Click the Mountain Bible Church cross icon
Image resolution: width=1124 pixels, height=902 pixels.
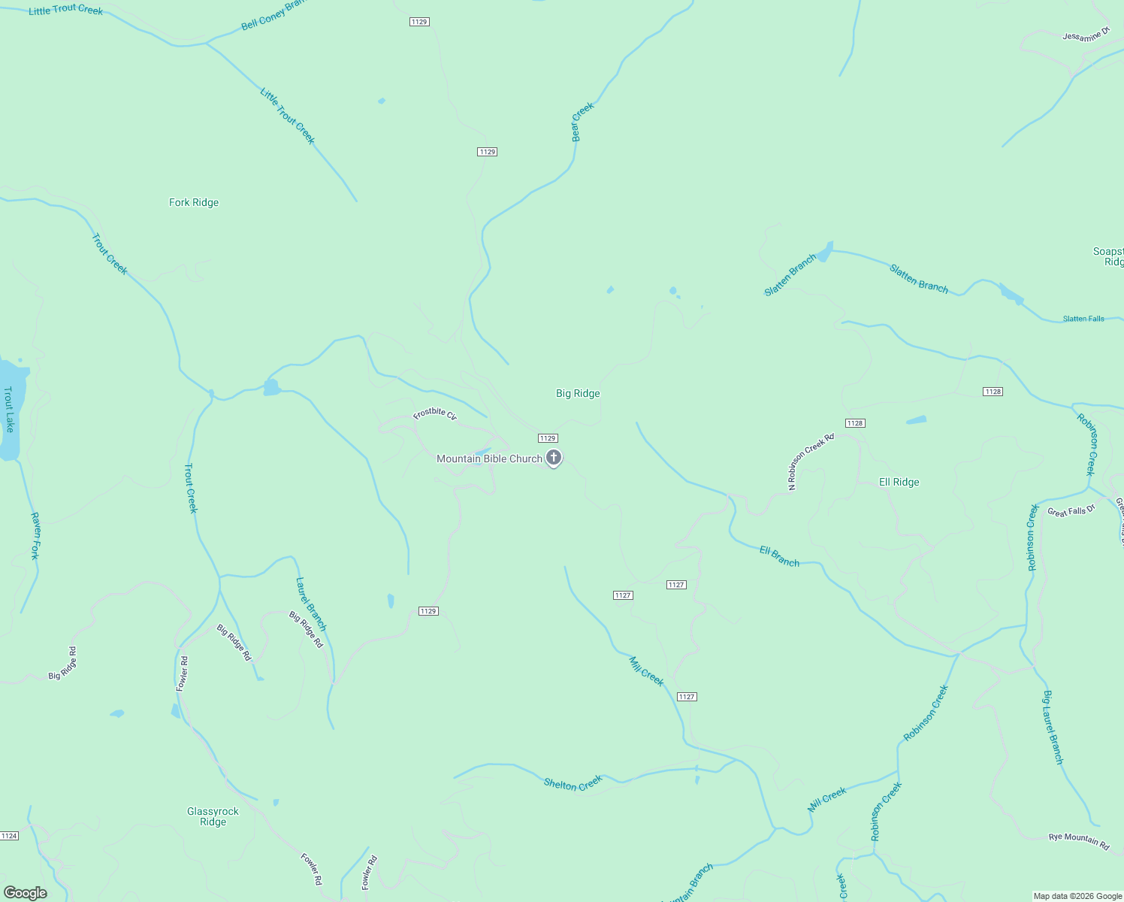click(x=554, y=457)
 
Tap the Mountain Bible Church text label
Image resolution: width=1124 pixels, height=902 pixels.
click(x=489, y=459)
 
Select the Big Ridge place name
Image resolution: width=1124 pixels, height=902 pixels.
click(x=578, y=393)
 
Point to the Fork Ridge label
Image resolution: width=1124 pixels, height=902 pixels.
click(x=194, y=202)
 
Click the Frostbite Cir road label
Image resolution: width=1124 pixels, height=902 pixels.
click(x=435, y=414)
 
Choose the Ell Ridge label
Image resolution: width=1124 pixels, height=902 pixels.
click(x=899, y=482)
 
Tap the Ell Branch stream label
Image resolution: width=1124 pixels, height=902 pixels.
click(x=779, y=556)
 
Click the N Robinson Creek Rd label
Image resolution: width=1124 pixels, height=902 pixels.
click(x=811, y=462)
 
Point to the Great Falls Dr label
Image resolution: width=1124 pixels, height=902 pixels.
click(x=1071, y=511)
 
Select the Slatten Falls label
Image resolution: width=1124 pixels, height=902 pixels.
click(x=1083, y=319)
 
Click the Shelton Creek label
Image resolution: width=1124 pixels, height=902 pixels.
click(x=573, y=783)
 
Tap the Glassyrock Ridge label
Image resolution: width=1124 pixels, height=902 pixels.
click(x=213, y=816)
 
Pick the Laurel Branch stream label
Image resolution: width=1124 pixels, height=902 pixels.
click(x=311, y=604)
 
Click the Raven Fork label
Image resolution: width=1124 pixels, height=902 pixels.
click(x=35, y=536)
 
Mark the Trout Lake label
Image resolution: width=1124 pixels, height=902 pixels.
click(x=9, y=409)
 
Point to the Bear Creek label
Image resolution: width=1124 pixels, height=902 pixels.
click(x=582, y=121)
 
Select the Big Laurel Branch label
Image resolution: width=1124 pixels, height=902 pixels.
click(x=1053, y=727)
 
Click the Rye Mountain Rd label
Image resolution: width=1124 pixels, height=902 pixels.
click(x=1079, y=841)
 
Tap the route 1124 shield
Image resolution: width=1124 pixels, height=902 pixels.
click(x=9, y=836)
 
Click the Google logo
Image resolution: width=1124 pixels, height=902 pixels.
click(x=26, y=893)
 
